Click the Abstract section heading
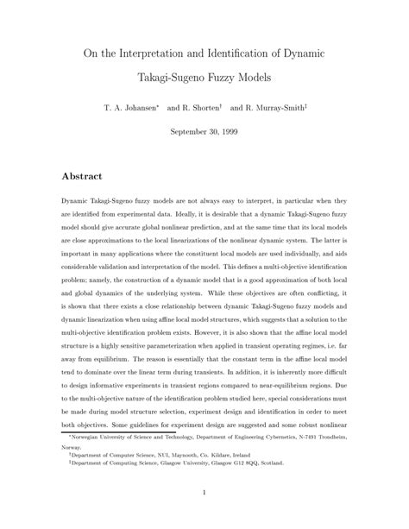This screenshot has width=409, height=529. pyautogui.click(x=82, y=176)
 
